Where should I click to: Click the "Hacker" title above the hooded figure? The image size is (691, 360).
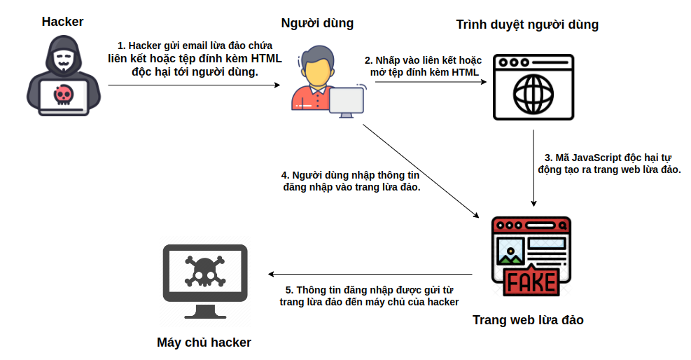coord(62,22)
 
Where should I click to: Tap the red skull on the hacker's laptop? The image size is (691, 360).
coord(64,95)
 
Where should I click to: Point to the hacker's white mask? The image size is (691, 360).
coord(64,59)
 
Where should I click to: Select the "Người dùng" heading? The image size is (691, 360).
coord(317,23)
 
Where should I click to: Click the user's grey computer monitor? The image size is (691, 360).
coord(347,102)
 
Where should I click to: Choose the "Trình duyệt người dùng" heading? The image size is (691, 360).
coord(527,25)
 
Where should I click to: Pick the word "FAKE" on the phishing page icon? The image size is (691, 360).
coord(531,282)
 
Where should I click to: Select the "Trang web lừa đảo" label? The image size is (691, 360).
coord(528,320)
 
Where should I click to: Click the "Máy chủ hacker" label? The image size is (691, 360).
coord(204,342)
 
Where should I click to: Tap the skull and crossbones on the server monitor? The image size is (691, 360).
coord(205,271)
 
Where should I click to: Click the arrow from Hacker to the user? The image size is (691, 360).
coord(195,85)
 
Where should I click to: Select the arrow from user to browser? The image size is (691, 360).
coord(431,81)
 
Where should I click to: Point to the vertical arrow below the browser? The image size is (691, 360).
coord(533,168)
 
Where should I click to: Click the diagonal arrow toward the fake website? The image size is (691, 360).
coord(421,171)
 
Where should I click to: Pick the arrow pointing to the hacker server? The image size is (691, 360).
coord(370,274)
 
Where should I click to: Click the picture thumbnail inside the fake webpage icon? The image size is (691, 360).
coord(510,251)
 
